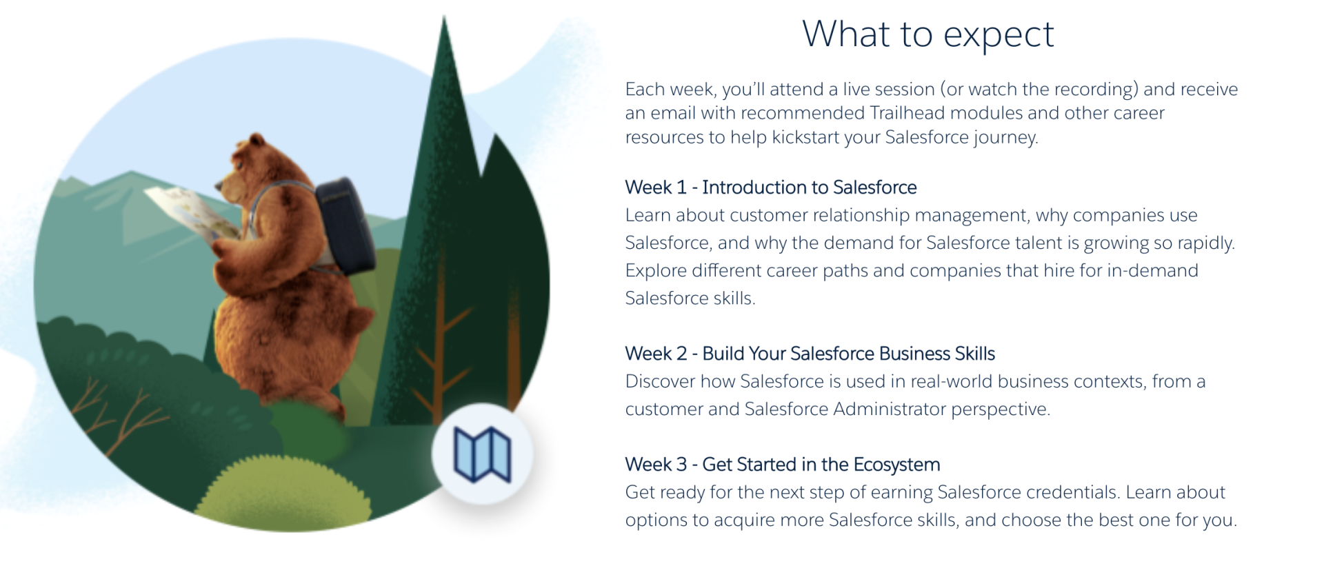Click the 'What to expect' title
click(927, 34)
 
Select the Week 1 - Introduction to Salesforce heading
click(770, 188)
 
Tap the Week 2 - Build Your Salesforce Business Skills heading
click(810, 354)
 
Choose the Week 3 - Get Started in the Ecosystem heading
click(782, 465)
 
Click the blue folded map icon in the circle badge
click(482, 454)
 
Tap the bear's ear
click(257, 141)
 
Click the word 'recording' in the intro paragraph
click(1094, 90)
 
